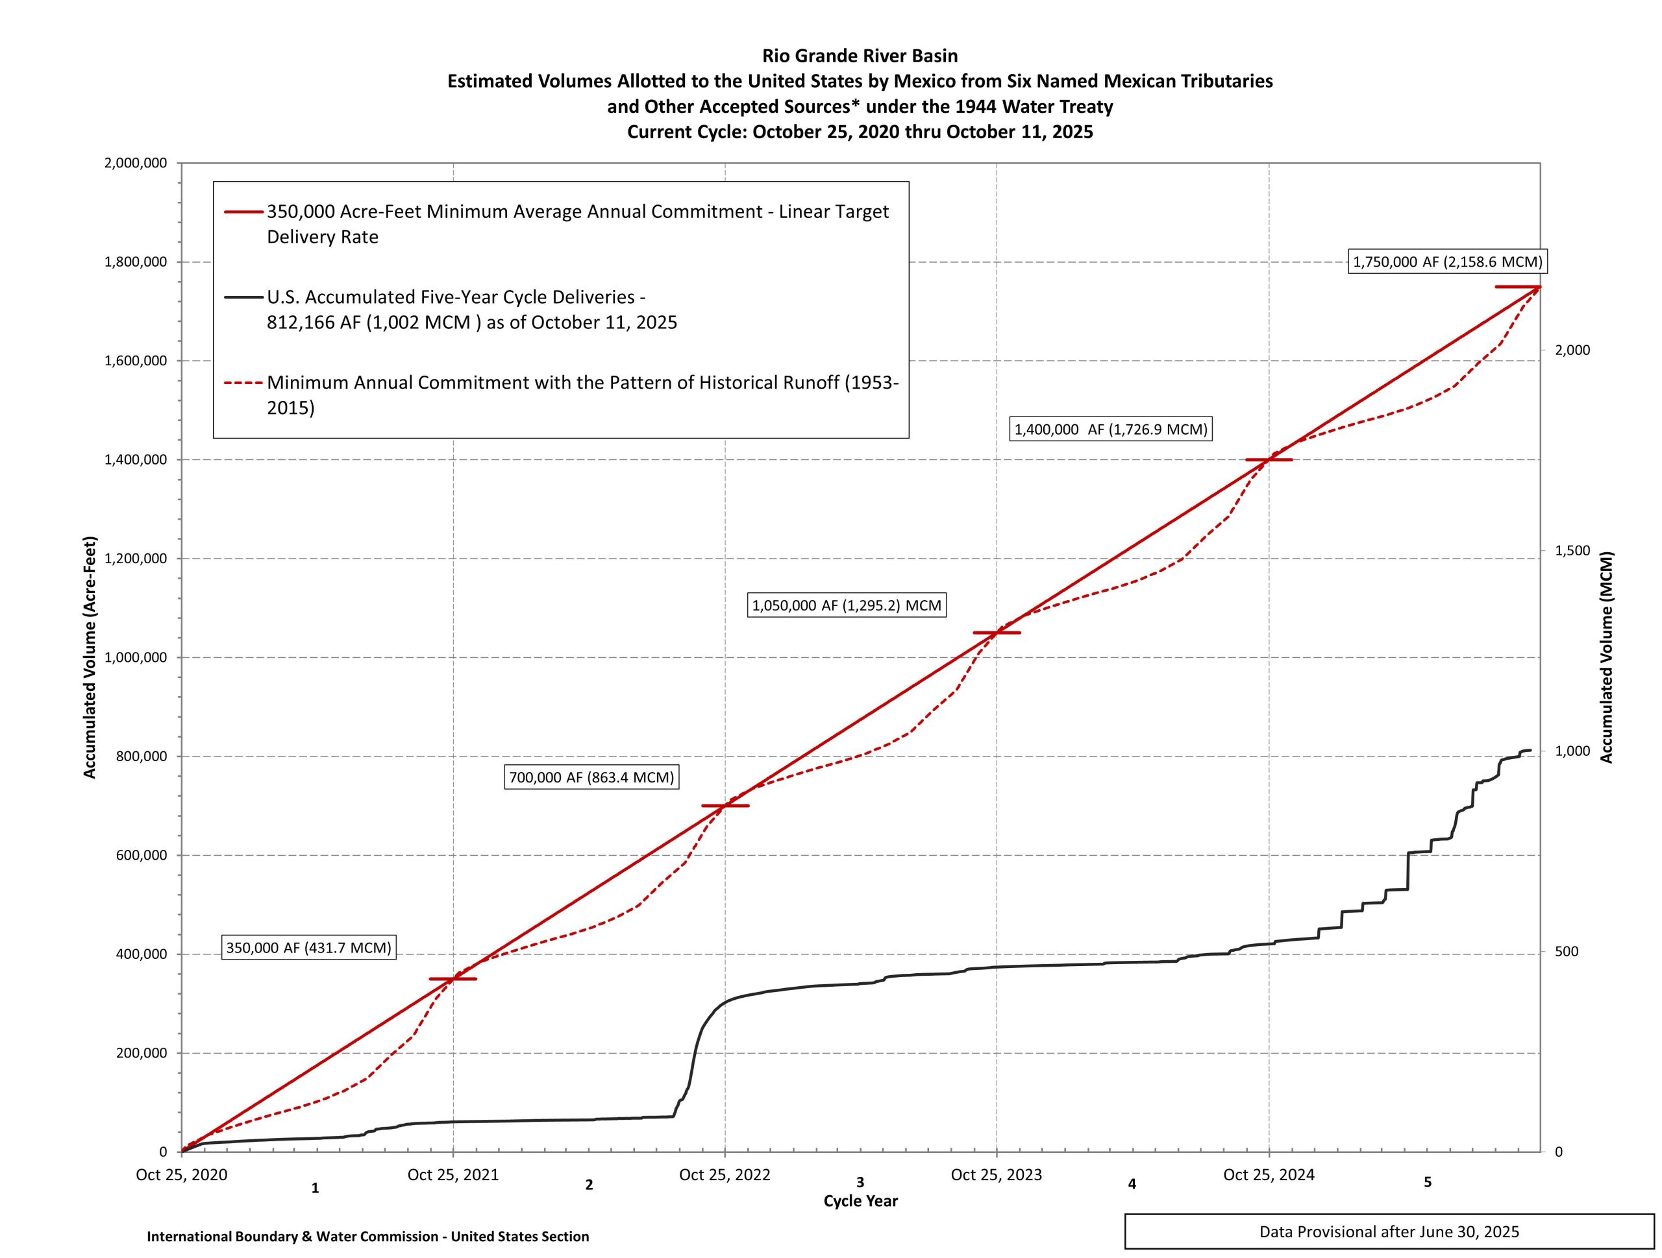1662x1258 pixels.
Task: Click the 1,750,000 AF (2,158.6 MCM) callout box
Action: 1447,262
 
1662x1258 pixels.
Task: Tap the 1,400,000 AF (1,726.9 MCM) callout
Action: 1111,429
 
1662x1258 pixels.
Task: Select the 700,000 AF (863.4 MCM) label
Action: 591,777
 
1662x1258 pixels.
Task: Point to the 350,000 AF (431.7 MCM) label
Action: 309,948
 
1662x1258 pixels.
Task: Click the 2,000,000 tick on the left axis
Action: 135,163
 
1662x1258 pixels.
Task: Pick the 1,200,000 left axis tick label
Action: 135,559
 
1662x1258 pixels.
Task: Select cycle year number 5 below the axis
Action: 1428,1182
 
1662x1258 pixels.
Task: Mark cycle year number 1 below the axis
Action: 316,1188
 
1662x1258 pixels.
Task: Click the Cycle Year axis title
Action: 860,1201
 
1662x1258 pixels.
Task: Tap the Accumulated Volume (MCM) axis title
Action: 1606,658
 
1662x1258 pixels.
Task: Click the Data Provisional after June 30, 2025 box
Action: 1389,1231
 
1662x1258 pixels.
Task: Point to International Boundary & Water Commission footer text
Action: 367,1236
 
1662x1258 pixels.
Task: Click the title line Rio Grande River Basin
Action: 860,56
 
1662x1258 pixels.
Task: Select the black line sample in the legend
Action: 244,297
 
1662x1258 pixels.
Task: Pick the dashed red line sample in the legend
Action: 244,383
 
